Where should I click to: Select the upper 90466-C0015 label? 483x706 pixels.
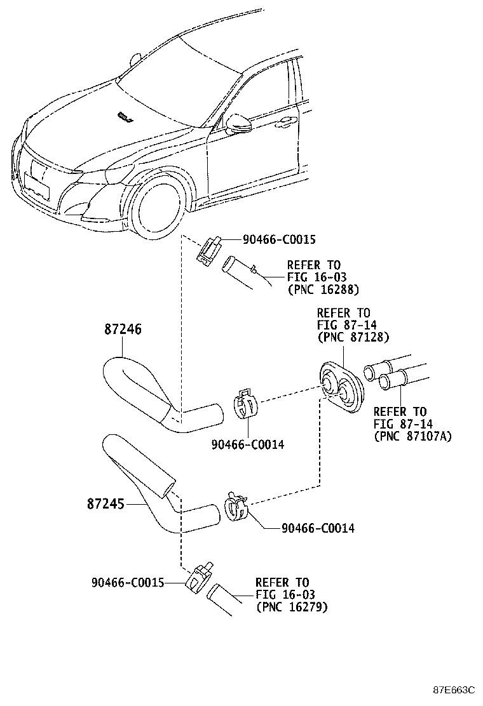pyautogui.click(x=278, y=239)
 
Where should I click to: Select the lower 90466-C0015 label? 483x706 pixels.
pyautogui.click(x=128, y=582)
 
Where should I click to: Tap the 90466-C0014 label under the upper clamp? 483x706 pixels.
pyautogui.click(x=247, y=444)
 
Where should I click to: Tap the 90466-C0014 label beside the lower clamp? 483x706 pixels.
pyautogui.click(x=318, y=528)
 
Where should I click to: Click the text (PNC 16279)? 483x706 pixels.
pyautogui.click(x=292, y=607)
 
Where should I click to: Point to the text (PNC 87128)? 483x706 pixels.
pyautogui.click(x=353, y=337)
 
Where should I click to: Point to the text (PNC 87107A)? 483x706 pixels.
pyautogui.click(x=412, y=436)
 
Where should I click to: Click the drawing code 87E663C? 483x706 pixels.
pyautogui.click(x=454, y=689)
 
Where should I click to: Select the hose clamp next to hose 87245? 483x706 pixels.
pyautogui.click(x=235, y=505)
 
